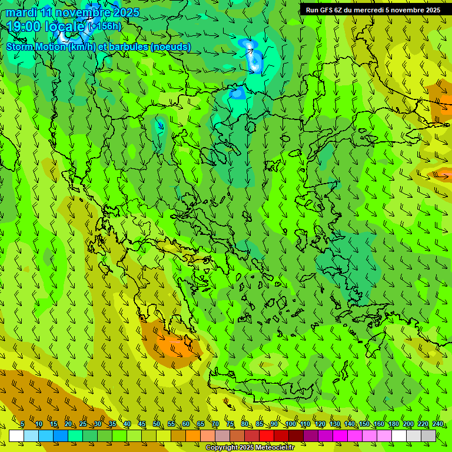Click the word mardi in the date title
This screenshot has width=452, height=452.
point(20,12)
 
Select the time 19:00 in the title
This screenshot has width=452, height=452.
point(25,26)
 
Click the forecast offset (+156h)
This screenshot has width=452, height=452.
point(104,26)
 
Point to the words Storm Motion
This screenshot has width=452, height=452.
point(36,46)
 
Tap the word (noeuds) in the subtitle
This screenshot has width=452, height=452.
point(171,46)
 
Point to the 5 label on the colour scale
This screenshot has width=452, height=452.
point(22,424)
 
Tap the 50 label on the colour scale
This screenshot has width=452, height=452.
point(156,424)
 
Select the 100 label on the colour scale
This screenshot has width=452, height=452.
point(290,424)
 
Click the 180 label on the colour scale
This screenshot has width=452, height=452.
point(393,424)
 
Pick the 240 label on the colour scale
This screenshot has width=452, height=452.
point(438,424)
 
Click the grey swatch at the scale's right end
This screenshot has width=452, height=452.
point(428,436)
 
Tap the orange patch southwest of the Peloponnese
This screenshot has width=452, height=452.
point(177,344)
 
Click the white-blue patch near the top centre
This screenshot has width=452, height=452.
point(253,56)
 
